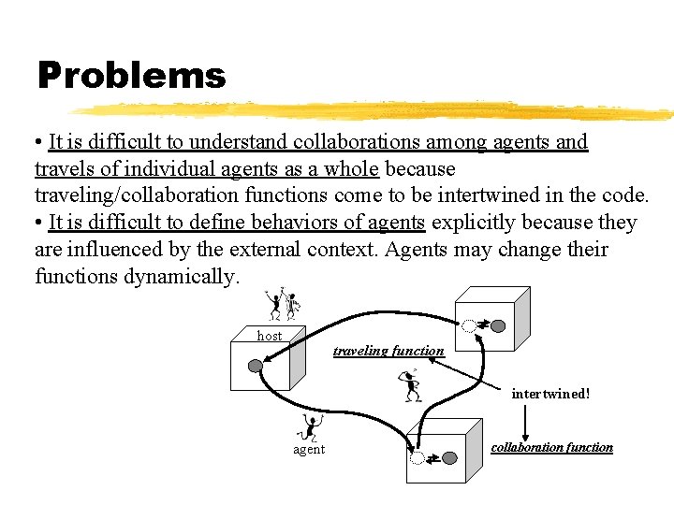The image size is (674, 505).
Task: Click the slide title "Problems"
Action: click(x=131, y=76)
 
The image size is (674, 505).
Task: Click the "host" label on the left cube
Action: click(x=270, y=336)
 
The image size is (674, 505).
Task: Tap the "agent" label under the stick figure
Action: click(x=309, y=450)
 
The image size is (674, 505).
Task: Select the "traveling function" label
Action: click(x=388, y=352)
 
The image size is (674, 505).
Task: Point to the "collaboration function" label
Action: click(x=551, y=448)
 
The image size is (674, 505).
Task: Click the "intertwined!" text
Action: click(x=550, y=394)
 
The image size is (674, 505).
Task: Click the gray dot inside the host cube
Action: click(x=255, y=366)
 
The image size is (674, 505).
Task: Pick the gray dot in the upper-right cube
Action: click(x=498, y=326)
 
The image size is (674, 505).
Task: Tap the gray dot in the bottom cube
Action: click(x=449, y=458)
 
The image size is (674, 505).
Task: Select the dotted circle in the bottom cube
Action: click(x=418, y=458)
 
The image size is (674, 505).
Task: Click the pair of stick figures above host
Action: click(x=281, y=304)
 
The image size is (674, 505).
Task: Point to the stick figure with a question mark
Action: click(x=410, y=384)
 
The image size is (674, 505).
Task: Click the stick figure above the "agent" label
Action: click(x=308, y=427)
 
